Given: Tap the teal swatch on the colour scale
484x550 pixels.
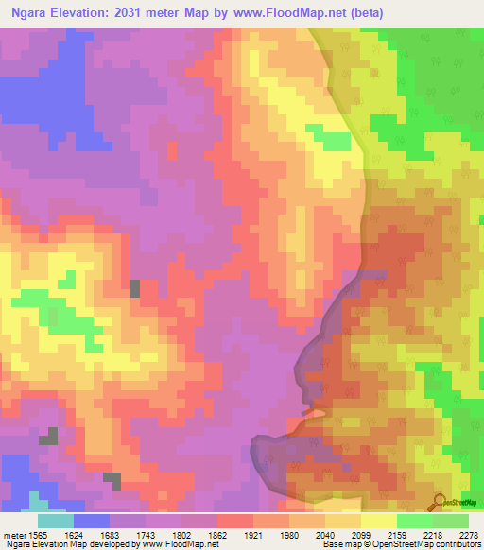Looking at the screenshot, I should [56, 521].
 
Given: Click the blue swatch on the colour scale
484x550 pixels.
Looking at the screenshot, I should [92, 521].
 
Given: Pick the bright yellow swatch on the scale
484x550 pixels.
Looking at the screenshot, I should [379, 521].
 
